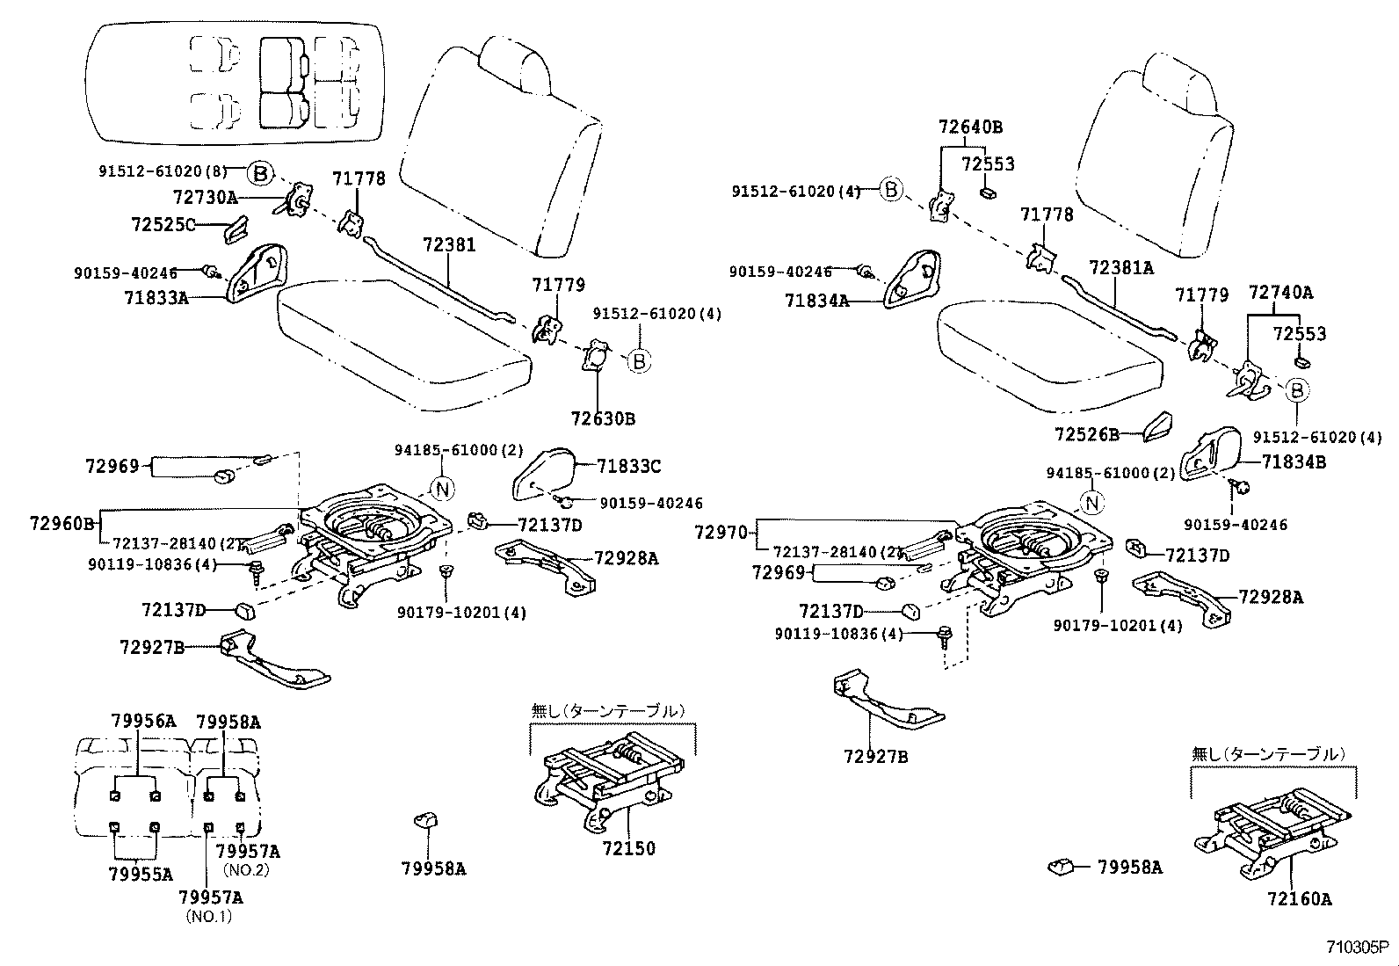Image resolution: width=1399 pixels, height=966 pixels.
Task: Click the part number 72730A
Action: click(x=205, y=198)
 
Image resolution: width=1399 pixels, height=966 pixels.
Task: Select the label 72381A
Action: click(x=1120, y=268)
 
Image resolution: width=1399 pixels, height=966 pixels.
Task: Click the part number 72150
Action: click(x=628, y=849)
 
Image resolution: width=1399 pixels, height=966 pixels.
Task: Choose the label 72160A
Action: click(x=1299, y=898)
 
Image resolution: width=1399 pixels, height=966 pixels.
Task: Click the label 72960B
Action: click(x=62, y=524)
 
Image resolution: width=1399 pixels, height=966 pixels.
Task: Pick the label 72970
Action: click(x=721, y=532)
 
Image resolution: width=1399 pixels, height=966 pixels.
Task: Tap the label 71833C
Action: click(x=628, y=466)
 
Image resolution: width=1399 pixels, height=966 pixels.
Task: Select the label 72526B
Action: click(x=1087, y=434)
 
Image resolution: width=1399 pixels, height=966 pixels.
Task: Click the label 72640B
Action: click(x=970, y=127)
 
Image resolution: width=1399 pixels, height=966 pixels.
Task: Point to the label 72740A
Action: click(x=1280, y=293)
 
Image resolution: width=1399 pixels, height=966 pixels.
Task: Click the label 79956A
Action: click(x=143, y=722)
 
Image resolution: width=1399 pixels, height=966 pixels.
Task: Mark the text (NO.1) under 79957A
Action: click(x=208, y=916)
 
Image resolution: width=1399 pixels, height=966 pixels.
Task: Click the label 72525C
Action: click(x=163, y=224)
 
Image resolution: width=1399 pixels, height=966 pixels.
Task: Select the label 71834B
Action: click(x=1294, y=461)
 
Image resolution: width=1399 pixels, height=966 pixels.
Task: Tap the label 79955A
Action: click(x=141, y=874)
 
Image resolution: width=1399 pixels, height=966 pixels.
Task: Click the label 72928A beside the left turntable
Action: click(x=626, y=558)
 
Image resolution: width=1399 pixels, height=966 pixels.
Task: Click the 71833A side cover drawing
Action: click(x=256, y=272)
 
